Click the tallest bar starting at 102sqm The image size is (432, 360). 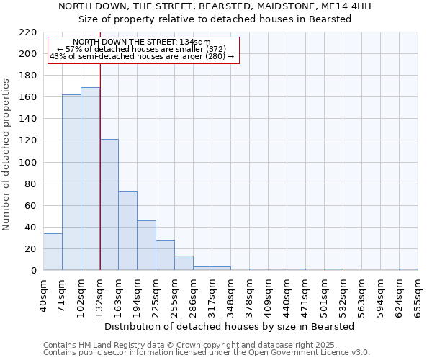tap(90, 179)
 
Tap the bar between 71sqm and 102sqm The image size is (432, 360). tap(71, 182)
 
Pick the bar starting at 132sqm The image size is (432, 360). tap(109, 204)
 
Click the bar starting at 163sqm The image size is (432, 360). tap(127, 230)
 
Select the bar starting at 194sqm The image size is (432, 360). tap(146, 246)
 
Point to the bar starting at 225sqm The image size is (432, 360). tap(165, 256)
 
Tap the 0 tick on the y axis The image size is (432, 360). tap(33, 271)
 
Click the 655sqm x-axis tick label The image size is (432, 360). tap(418, 295)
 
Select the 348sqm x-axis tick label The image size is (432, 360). tap(230, 295)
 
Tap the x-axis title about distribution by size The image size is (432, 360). tap(229, 326)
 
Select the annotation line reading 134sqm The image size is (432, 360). tap(142, 42)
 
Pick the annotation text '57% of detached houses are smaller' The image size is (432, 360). tap(141, 49)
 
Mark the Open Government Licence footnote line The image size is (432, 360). tap(206, 353)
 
